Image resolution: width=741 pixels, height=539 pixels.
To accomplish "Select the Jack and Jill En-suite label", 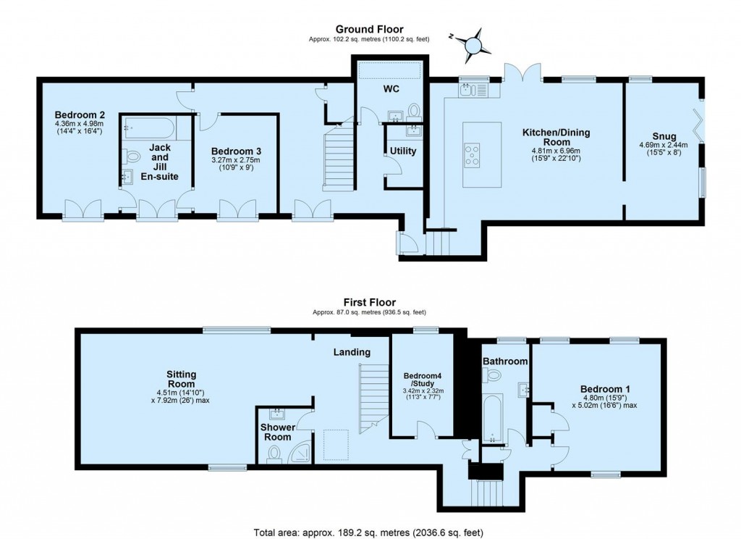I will pos(159,162).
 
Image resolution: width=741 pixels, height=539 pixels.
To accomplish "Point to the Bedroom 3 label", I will pos(235,150).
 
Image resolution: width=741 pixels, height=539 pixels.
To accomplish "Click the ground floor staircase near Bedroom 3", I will pos(338,156).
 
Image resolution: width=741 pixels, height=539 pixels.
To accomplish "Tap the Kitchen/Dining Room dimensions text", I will pos(556,153).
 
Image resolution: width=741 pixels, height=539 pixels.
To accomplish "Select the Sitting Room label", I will pos(181,380).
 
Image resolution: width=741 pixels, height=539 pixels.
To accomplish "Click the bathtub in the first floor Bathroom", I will pos(493,418).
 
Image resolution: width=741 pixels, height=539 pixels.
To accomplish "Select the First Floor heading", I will pos(370,303).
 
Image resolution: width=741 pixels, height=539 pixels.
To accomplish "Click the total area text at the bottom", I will pos(370,531).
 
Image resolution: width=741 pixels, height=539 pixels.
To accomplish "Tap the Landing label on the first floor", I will pos(352,352).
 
